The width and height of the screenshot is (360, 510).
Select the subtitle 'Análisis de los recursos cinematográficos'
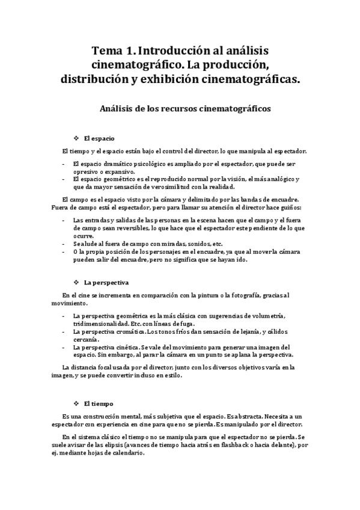click(x=180, y=109)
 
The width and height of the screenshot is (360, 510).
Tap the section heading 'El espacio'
click(x=99, y=138)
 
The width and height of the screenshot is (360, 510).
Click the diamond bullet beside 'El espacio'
click(x=76, y=138)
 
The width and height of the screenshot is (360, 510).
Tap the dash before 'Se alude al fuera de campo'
click(x=64, y=244)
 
